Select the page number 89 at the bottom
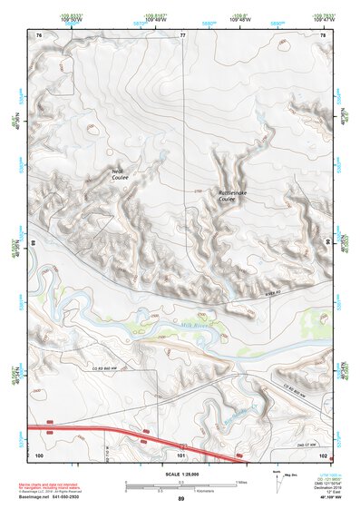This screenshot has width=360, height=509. [x=181, y=499]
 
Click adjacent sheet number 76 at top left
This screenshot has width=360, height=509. [x=39, y=34]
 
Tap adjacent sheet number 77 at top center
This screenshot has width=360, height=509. [x=181, y=34]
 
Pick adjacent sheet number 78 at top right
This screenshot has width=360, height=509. [x=322, y=34]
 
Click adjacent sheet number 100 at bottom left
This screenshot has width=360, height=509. [x=40, y=455]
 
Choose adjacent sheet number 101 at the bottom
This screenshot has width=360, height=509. [x=181, y=455]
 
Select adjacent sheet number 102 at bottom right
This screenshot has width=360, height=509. [x=322, y=455]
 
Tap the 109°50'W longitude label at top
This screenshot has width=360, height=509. [x=65, y=18]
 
